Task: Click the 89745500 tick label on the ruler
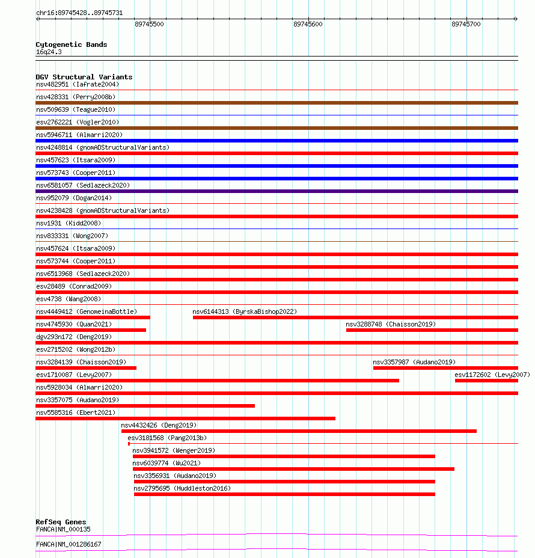[x=149, y=24]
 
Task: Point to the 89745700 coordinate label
[x=466, y=24]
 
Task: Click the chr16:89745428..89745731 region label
[x=79, y=13]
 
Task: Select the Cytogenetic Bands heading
[x=72, y=44]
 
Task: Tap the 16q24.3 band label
[x=49, y=52]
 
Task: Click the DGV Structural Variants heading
[x=84, y=77]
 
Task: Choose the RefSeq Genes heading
[x=61, y=522]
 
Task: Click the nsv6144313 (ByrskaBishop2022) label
[x=245, y=311]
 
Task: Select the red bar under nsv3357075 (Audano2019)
[x=145, y=406]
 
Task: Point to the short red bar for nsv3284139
[x=86, y=368]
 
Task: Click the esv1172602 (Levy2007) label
[x=492, y=375]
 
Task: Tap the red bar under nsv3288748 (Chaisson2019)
[x=432, y=330]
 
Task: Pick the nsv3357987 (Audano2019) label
[x=414, y=362]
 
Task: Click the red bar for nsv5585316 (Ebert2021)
[x=185, y=419]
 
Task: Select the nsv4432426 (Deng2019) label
[x=159, y=425]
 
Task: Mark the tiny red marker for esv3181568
[x=129, y=444]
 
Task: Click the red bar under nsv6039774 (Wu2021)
[x=293, y=469]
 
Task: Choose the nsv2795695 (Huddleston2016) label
[x=182, y=488]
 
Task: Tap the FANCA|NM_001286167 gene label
[x=69, y=544]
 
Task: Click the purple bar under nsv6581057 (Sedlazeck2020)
[x=277, y=191]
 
